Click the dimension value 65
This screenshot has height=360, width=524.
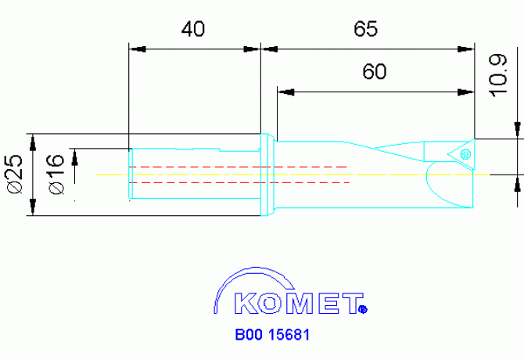point(365,30)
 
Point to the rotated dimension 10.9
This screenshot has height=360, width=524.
point(498,74)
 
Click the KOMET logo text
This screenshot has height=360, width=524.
point(290,303)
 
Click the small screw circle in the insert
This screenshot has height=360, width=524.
point(466,153)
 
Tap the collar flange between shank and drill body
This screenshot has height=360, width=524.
point(267,174)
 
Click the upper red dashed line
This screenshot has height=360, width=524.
point(239,167)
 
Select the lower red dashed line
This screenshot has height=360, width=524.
point(239,182)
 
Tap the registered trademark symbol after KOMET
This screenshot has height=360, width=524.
point(362,309)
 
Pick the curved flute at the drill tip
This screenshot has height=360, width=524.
point(435,184)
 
